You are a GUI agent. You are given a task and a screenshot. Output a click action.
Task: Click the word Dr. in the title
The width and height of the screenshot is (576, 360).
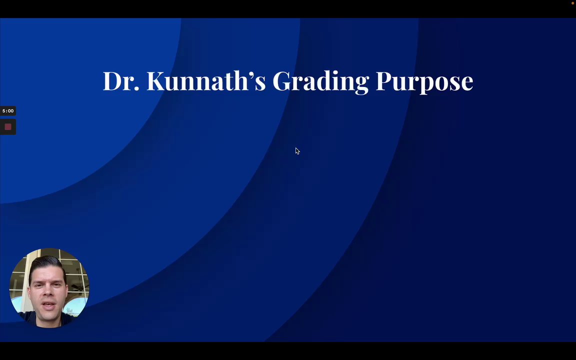pos(121,81)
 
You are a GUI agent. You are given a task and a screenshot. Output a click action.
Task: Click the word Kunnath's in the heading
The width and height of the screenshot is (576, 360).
pos(206,80)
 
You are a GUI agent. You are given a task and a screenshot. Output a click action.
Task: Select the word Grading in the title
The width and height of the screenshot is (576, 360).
pos(320,82)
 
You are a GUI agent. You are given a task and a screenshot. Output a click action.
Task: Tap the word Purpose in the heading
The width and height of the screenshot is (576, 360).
pos(424,82)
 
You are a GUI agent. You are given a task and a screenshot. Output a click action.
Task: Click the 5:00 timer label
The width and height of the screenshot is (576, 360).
pos(7,110)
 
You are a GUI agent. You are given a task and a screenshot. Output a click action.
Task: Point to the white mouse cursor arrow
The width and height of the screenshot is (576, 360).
pos(297,151)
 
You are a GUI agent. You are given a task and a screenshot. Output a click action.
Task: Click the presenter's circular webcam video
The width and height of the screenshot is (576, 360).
pos(49,287)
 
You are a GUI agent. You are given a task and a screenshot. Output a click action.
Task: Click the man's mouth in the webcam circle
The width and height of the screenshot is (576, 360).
pos(49,305)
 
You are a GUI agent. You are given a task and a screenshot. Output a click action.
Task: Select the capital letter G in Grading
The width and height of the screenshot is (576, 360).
pos(281,81)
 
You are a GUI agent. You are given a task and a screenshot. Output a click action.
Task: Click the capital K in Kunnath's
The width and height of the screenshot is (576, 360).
pos(156,81)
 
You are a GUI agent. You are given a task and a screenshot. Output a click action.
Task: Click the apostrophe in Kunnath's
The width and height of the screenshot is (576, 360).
pos(251,74)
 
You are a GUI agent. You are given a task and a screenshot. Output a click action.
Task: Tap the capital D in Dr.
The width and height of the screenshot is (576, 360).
pos(112,81)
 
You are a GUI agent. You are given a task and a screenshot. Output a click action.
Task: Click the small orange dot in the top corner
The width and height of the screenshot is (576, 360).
pos(572,3)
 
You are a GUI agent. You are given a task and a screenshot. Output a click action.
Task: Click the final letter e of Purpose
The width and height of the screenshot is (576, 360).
pos(466,84)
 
